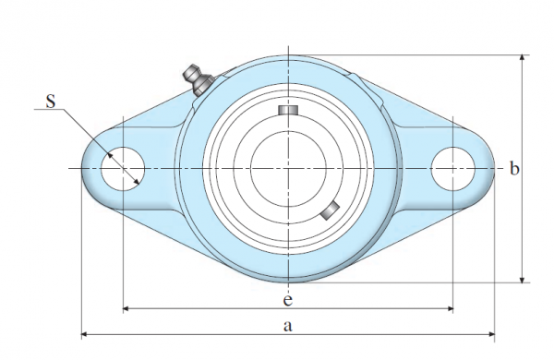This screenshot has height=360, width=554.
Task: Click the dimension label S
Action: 51,101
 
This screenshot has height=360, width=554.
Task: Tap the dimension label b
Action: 514,169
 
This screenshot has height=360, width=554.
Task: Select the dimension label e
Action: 288,300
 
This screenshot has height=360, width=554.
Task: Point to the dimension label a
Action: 288,326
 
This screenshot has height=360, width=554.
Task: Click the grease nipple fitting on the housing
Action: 197,79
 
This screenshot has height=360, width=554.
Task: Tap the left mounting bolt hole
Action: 123,169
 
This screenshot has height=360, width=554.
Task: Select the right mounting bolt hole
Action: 453,169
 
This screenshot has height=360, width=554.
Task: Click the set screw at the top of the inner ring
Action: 288,110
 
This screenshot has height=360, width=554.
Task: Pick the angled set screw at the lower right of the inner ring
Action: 330,210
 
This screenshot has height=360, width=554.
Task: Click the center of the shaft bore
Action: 288,169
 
